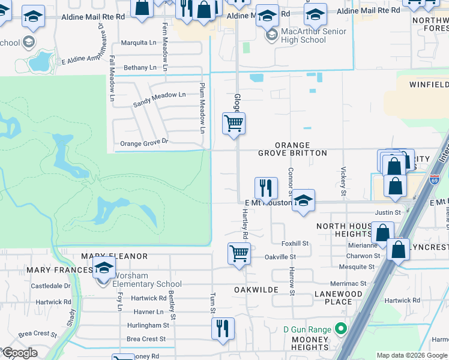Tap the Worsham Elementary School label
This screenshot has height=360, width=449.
point(143,284)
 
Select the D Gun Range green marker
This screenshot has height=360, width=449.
point(341,329)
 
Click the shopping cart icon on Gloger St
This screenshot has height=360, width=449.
point(234,124)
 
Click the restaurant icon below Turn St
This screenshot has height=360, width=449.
point(222,328)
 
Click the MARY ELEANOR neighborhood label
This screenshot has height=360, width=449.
point(115,256)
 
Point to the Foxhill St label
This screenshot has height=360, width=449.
point(295,244)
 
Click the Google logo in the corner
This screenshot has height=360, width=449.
point(20,353)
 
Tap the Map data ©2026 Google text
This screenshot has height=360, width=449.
point(412,355)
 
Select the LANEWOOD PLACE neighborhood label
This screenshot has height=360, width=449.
point(339,298)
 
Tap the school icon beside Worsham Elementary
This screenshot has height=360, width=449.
point(104,268)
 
